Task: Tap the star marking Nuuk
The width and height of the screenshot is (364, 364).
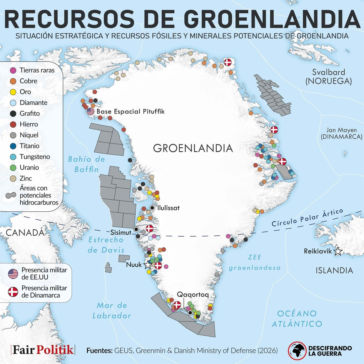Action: pos(147,264)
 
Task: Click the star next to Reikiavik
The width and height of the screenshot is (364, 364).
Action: pos(338,251)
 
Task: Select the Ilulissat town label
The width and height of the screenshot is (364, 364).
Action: pos(168,208)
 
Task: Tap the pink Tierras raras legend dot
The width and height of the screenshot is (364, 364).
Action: pos(13,70)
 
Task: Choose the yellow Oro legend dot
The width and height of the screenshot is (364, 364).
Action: pos(13,92)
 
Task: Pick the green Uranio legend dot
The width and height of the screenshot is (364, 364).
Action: pos(13,167)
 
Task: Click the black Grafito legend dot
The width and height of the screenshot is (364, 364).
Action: pos(13,113)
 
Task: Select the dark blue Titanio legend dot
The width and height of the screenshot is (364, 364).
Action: pos(13,146)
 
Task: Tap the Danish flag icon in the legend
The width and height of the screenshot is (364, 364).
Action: pos(13,292)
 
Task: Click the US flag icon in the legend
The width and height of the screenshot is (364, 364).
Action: pos(13,274)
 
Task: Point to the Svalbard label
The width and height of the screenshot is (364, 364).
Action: pos(329,72)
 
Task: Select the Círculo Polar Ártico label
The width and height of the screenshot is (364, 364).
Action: pos(308,218)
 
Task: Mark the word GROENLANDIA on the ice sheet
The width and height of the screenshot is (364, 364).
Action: pos(193,148)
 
